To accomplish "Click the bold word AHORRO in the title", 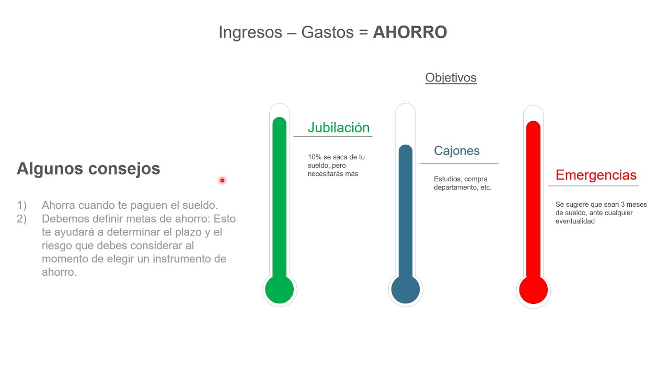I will (410, 32).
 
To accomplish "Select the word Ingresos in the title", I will (250, 32).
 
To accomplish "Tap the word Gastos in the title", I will (327, 32).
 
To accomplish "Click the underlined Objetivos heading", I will (451, 78).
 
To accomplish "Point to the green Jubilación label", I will (338, 127).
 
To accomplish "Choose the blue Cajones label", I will (456, 151).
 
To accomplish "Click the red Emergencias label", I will (596, 175).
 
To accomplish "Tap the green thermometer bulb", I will (279, 290).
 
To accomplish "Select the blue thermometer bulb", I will (406, 290).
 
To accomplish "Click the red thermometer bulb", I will (533, 290).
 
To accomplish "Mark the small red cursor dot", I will (222, 180).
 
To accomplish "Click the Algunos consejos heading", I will (88, 169).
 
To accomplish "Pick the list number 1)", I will (21, 205).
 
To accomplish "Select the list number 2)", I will (21, 219).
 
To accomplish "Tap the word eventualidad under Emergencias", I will (575, 221).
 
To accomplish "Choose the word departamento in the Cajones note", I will (455, 187).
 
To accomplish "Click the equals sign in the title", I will (363, 32).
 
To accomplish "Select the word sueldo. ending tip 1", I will (201, 205).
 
